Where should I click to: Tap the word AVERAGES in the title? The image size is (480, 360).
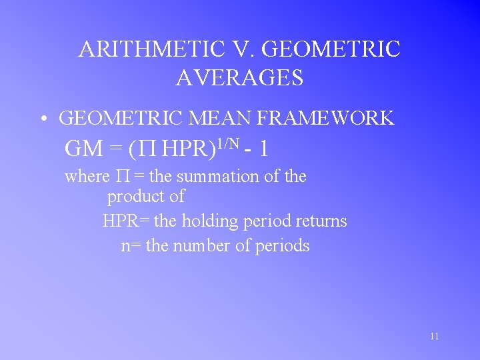240,78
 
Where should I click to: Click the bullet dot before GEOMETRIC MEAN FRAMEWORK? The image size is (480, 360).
42,119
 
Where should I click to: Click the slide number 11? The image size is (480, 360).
434,336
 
